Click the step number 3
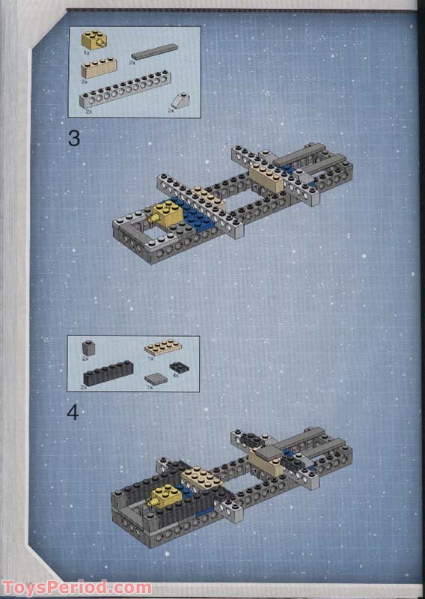point(73,138)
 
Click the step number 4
point(73,412)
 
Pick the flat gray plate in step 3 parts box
point(154,52)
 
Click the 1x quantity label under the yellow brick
point(86,54)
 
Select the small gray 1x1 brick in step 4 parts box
point(89,348)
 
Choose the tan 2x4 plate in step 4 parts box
point(162,347)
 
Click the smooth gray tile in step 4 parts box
point(156,379)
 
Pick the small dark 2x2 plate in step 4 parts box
point(179,368)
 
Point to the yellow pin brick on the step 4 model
point(166,496)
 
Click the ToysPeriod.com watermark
point(76,588)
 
